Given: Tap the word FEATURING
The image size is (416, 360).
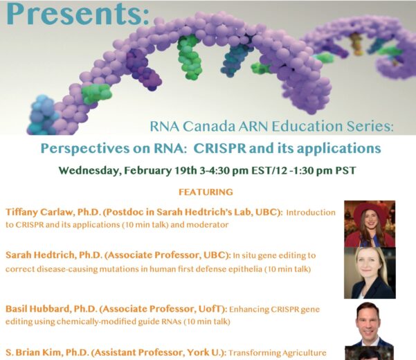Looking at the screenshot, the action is pos(206,192).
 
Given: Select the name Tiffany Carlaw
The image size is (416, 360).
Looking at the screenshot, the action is pos(39,213).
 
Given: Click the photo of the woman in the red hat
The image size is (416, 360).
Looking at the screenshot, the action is pos(370,224).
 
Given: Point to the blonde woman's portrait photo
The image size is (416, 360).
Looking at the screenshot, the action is pos(370,273).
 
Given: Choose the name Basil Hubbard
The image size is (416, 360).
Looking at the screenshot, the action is pos(37,309).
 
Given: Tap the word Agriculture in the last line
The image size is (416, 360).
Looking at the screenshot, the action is pos(304,353).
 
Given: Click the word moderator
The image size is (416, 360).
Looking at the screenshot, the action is pos(207,225).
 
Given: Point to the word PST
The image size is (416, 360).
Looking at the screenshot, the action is pos(345,170).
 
